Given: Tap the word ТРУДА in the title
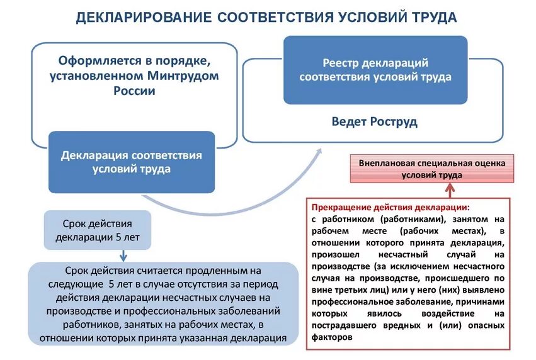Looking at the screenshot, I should pos(434,17).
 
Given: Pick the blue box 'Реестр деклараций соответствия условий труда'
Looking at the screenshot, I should pos(375,70).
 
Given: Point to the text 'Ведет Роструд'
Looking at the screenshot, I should pos(374,121).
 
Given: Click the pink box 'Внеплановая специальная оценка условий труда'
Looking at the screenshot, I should pos(431,169).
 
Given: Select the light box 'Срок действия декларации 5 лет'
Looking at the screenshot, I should pos(97,230).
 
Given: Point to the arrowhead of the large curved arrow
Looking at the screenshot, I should pos(319,152).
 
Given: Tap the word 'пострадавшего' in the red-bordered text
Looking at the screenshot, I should pos(341,325).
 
